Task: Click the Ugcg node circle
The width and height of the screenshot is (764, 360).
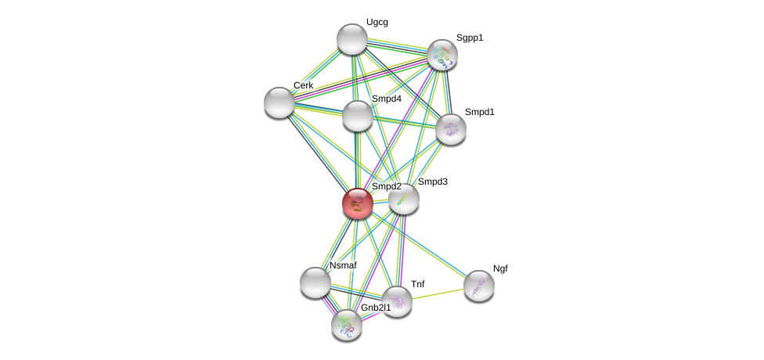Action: coord(352,39)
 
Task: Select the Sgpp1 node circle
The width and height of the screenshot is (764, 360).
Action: coord(442,55)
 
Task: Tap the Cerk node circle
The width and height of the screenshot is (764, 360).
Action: coord(279,103)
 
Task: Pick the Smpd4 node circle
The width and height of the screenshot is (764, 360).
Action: coord(358,116)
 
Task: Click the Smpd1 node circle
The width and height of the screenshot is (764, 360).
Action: coord(451,129)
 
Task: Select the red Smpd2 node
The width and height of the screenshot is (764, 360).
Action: coord(358,203)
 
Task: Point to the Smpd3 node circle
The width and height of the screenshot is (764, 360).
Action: coord(404,199)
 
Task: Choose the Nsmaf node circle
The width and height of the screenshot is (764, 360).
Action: coord(315,283)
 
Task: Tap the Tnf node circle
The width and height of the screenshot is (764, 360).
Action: coord(397,301)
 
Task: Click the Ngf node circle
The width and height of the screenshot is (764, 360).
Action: coord(479,286)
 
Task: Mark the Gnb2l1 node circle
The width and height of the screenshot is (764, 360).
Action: coord(347,325)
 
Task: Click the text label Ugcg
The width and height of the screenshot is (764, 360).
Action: coord(377,22)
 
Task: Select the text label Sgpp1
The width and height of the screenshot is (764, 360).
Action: coord(470,38)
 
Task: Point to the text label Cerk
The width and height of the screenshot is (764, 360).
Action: coord(303,85)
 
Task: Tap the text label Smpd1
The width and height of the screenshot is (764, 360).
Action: coord(479,112)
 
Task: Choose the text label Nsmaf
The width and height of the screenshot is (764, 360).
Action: coord(343,265)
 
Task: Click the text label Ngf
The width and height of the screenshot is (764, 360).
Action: coord(500,268)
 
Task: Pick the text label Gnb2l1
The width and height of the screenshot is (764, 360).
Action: coord(376,308)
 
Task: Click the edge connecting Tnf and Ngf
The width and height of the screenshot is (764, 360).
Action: coord(438,293)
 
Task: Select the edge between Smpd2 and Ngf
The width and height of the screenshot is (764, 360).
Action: coord(419,245)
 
